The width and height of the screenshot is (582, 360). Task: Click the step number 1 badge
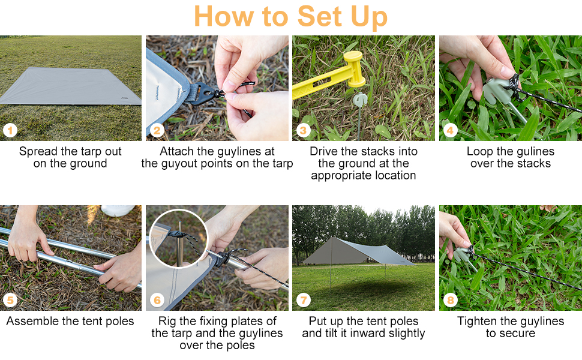(x=10, y=130)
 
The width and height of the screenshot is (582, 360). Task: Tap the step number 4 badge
(x=450, y=130)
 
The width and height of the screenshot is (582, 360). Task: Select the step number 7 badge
(x=304, y=300)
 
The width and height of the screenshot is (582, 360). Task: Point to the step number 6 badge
(x=157, y=300)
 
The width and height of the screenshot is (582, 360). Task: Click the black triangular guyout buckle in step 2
(x=202, y=93)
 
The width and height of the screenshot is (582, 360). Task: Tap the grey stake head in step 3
(x=359, y=100)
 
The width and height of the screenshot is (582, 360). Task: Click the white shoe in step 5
(x=118, y=210)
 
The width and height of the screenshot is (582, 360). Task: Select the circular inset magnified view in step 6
(x=179, y=238)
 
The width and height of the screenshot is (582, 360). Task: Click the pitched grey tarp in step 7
(x=358, y=251)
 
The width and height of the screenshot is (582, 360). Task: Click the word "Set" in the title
(x=319, y=16)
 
